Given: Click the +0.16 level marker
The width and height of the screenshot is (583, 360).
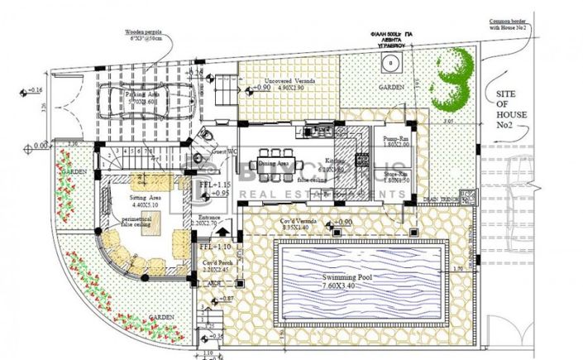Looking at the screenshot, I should click(34, 89).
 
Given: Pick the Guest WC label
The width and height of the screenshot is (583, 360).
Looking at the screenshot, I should click(222, 151).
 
